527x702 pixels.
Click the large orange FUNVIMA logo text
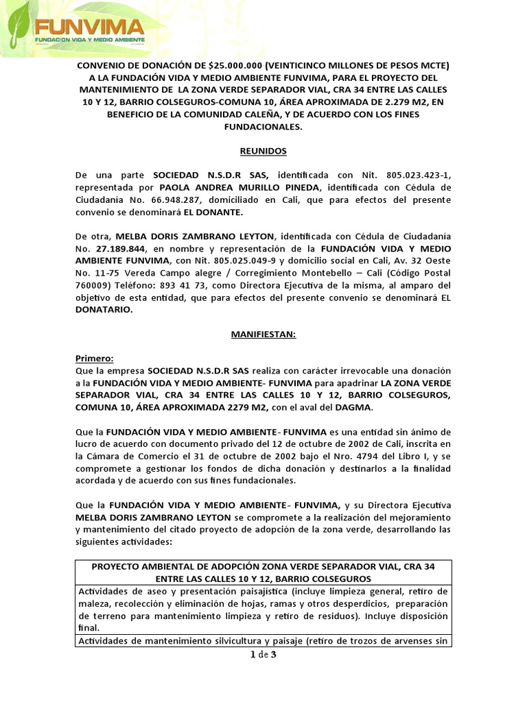pyautogui.click(x=89, y=27)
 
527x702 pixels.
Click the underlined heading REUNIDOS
pyautogui.click(x=263, y=151)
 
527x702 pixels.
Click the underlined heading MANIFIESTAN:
pyautogui.click(x=263, y=335)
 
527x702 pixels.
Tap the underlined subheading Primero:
pyautogui.click(x=95, y=359)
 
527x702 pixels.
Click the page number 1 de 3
pyautogui.click(x=263, y=655)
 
